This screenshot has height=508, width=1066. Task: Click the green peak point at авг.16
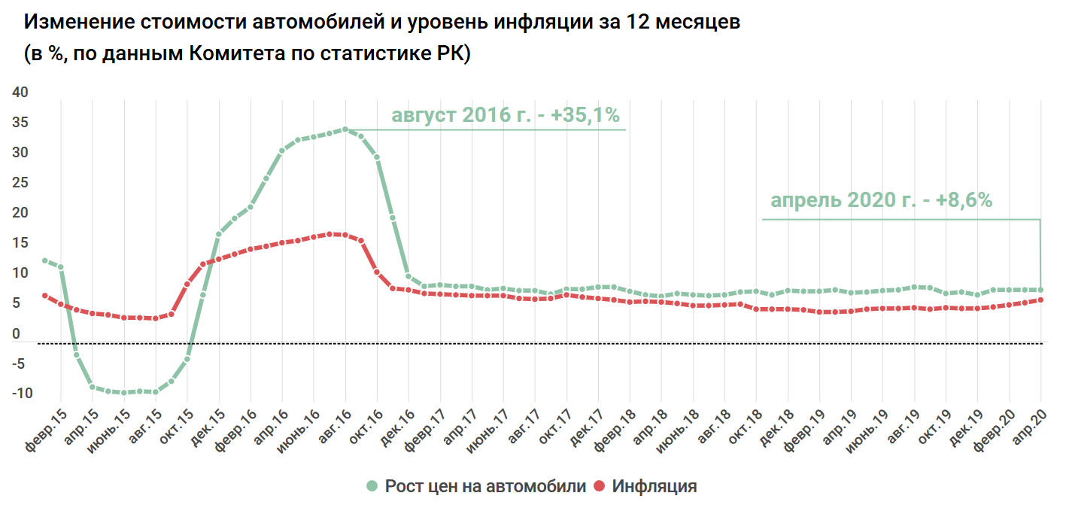tap(345, 129)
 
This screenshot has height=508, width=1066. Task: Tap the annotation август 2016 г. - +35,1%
tap(505, 116)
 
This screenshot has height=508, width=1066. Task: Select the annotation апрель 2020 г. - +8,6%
tap(881, 200)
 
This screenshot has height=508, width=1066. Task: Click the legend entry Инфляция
tap(654, 486)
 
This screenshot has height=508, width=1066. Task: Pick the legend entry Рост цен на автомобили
tap(485, 486)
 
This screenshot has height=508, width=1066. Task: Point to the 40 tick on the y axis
tap(20, 93)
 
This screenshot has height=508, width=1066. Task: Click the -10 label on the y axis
tap(22, 394)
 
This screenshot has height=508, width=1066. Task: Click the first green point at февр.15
tap(45, 261)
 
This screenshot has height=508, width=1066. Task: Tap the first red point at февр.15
tap(45, 296)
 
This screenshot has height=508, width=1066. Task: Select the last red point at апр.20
tap(1041, 300)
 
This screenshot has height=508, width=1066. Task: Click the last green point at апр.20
tap(1041, 290)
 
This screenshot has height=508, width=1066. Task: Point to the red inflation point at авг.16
tap(345, 235)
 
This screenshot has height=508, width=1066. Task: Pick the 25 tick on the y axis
tap(20, 183)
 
